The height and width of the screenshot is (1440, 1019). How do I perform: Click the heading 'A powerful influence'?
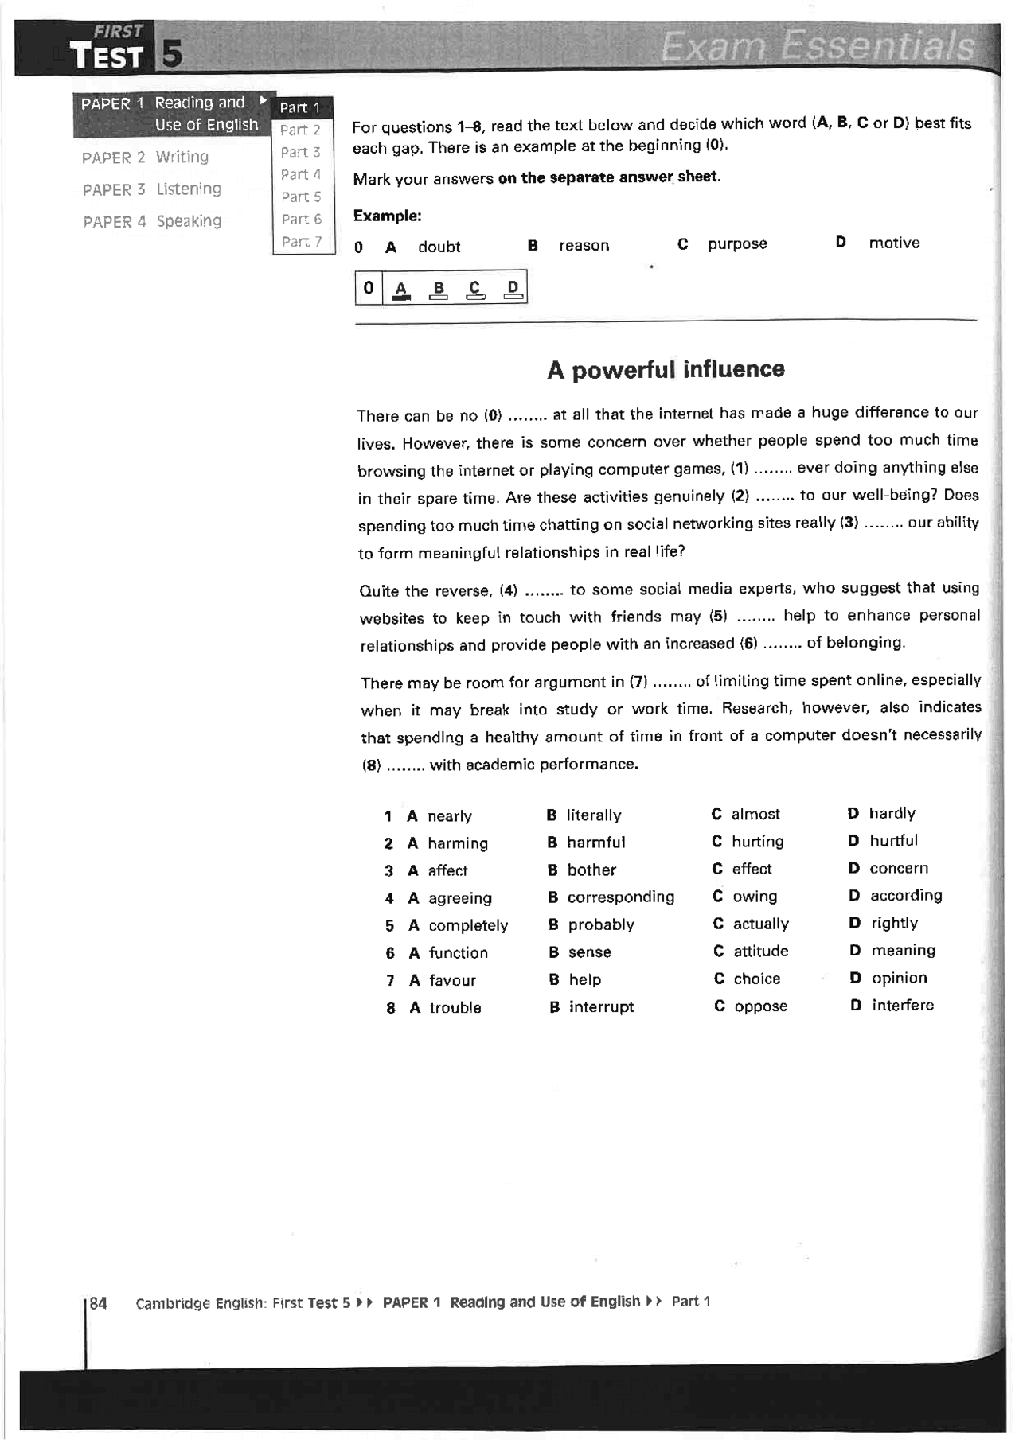pyautogui.click(x=666, y=369)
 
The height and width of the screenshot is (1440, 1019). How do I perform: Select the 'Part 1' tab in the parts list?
pyautogui.click(x=299, y=107)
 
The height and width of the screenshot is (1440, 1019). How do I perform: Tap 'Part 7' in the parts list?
pyautogui.click(x=301, y=241)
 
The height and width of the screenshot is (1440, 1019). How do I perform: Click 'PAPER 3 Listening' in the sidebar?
pyautogui.click(x=152, y=189)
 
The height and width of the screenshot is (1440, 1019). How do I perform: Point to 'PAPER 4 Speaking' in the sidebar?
pyautogui.click(x=152, y=221)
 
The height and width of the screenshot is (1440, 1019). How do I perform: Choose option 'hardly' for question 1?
pyautogui.click(x=892, y=813)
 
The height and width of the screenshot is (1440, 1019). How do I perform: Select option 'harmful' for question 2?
pyautogui.click(x=595, y=842)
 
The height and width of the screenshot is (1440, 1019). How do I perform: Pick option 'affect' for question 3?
pyautogui.click(x=447, y=870)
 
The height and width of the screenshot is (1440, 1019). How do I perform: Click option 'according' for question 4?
pyautogui.click(x=906, y=895)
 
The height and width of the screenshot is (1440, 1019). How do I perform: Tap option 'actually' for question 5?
pyautogui.click(x=760, y=924)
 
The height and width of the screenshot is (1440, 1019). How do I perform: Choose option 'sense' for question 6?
pyautogui.click(x=589, y=952)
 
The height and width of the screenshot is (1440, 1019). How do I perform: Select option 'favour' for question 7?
pyautogui.click(x=452, y=980)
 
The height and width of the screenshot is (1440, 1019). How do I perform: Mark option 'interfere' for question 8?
pyautogui.click(x=903, y=1005)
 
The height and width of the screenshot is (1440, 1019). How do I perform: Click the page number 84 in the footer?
pyautogui.click(x=98, y=1302)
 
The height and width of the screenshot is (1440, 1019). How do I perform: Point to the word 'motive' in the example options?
pyautogui.click(x=894, y=243)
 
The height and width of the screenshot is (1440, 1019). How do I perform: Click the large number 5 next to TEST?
pyautogui.click(x=172, y=55)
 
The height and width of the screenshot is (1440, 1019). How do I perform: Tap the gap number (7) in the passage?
pyautogui.click(x=638, y=682)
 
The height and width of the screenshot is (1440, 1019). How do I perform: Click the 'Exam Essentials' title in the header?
pyautogui.click(x=817, y=46)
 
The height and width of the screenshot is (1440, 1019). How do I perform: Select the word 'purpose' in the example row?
pyautogui.click(x=737, y=243)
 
